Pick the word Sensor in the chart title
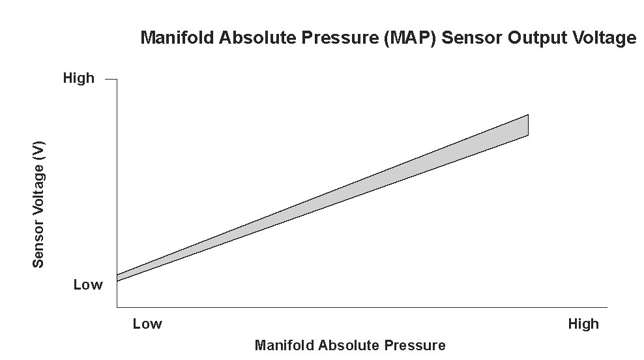point(467,38)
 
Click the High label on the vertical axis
point(78,79)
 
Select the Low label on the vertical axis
point(87,285)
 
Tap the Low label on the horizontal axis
point(147,324)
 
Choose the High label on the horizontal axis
point(583,324)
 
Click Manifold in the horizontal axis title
point(282,345)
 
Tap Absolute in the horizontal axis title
point(341,345)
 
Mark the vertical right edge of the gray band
point(528,125)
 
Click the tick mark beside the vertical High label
point(111,79)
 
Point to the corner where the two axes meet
point(117,307)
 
